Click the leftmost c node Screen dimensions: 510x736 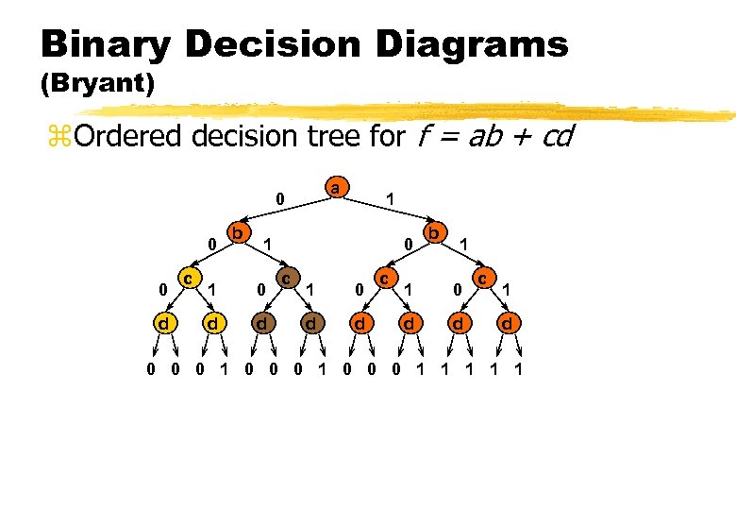pyautogui.click(x=190, y=279)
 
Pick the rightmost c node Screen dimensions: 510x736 pyautogui.click(x=482, y=279)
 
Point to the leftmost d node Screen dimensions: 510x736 pyautogui.click(x=164, y=324)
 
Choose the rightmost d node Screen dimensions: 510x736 pyautogui.click(x=508, y=324)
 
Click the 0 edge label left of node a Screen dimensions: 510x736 pyautogui.click(x=278, y=200)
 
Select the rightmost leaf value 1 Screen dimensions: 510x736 pyautogui.click(x=518, y=369)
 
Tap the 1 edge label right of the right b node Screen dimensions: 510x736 pyautogui.click(x=463, y=245)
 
